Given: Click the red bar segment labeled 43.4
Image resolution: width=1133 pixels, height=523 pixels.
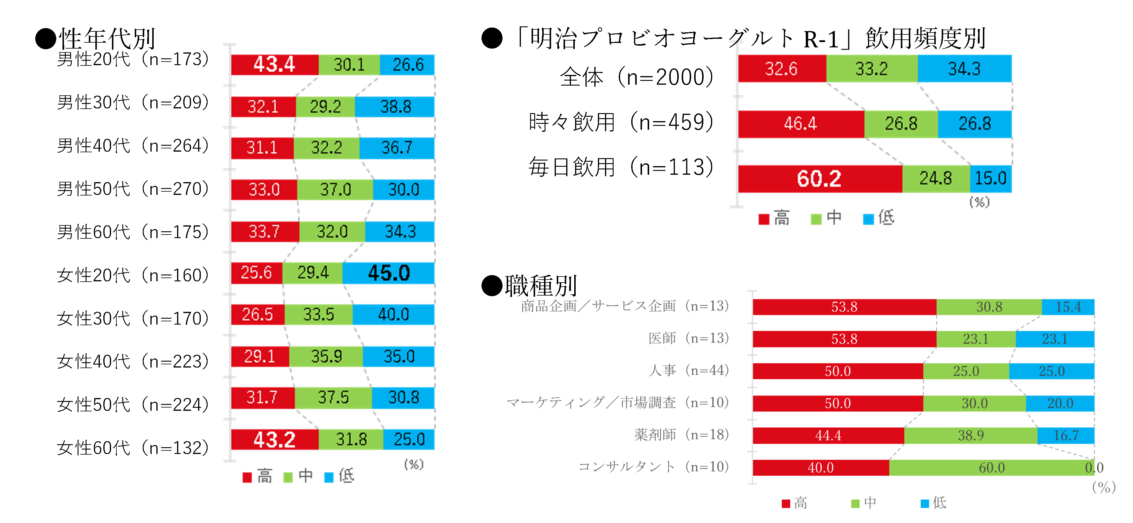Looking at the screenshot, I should (275, 65).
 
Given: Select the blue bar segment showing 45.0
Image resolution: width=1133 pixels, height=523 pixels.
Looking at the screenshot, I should (389, 273).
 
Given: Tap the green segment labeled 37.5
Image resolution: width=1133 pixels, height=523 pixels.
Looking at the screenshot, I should (333, 398).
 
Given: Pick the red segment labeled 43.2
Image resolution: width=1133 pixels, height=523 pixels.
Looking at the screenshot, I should (275, 439).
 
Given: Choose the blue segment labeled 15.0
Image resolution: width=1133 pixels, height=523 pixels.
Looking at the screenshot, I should (991, 179).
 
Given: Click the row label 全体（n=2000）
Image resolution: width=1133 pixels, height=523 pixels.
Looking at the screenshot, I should (636, 77).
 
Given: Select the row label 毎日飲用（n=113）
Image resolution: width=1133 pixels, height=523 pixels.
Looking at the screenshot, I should (621, 167).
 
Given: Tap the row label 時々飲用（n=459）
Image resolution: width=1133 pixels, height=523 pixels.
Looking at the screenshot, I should (621, 122).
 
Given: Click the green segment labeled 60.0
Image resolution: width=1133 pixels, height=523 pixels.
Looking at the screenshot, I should (991, 468).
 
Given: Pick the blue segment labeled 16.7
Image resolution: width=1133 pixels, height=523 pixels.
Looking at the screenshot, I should (1066, 435).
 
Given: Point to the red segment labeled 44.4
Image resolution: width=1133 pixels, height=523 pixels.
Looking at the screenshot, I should (828, 435).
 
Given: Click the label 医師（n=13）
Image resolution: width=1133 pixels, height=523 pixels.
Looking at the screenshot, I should (688, 338).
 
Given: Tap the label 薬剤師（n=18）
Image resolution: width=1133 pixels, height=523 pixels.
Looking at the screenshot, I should (681, 434).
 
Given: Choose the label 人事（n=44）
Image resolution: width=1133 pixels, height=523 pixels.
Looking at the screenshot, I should (688, 370).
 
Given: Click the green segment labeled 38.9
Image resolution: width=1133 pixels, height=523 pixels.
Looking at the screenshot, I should (971, 435).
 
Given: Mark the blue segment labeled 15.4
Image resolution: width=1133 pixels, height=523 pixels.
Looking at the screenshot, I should (1068, 307).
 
